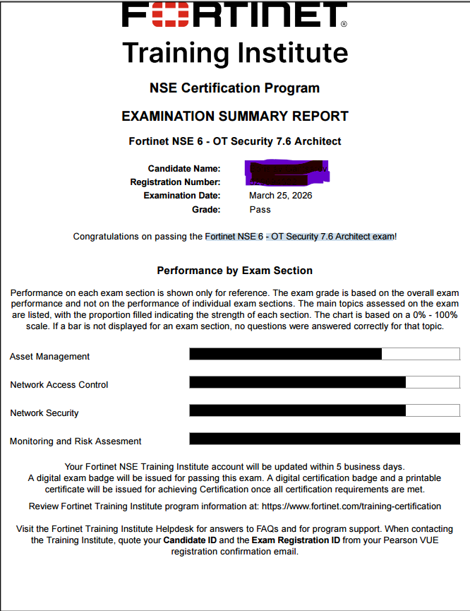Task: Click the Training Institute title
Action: pyautogui.click(x=235, y=53)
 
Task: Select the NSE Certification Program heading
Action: pyautogui.click(x=235, y=88)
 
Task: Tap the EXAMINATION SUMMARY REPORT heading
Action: pyautogui.click(x=235, y=116)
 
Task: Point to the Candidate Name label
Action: pyautogui.click(x=184, y=169)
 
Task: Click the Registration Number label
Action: pyautogui.click(x=175, y=182)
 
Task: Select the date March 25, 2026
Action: pyautogui.click(x=280, y=196)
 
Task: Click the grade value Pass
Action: pyautogui.click(x=260, y=209)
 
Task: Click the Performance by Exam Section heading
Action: pyautogui.click(x=235, y=271)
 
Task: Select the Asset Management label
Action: pyautogui.click(x=50, y=357)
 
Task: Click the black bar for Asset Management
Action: pyautogui.click(x=286, y=354)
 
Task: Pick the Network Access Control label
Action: pyautogui.click(x=59, y=385)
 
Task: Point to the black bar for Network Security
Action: pyautogui.click(x=297, y=410)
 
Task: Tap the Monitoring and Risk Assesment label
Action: pyautogui.click(x=76, y=441)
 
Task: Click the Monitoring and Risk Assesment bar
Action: pyautogui.click(x=325, y=439)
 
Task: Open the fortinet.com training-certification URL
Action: pyautogui.click(x=351, y=506)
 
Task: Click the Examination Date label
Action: pyautogui.click(x=182, y=196)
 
